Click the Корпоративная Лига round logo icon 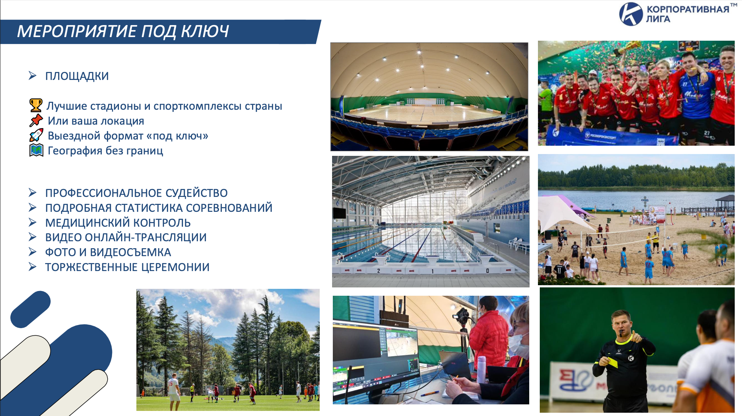pos(631,14)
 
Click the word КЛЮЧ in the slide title pos(205,31)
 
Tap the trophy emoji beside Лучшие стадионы pos(36,105)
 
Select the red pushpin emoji pos(36,120)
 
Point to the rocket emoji pos(36,135)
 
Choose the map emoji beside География pos(36,150)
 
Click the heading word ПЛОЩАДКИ pos(77,76)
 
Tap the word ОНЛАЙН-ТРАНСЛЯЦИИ pos(146,237)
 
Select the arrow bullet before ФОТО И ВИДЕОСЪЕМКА pos(33,252)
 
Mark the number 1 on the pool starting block pos(432,271)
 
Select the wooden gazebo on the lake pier pos(725,203)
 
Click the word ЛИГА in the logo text pos(658,19)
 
